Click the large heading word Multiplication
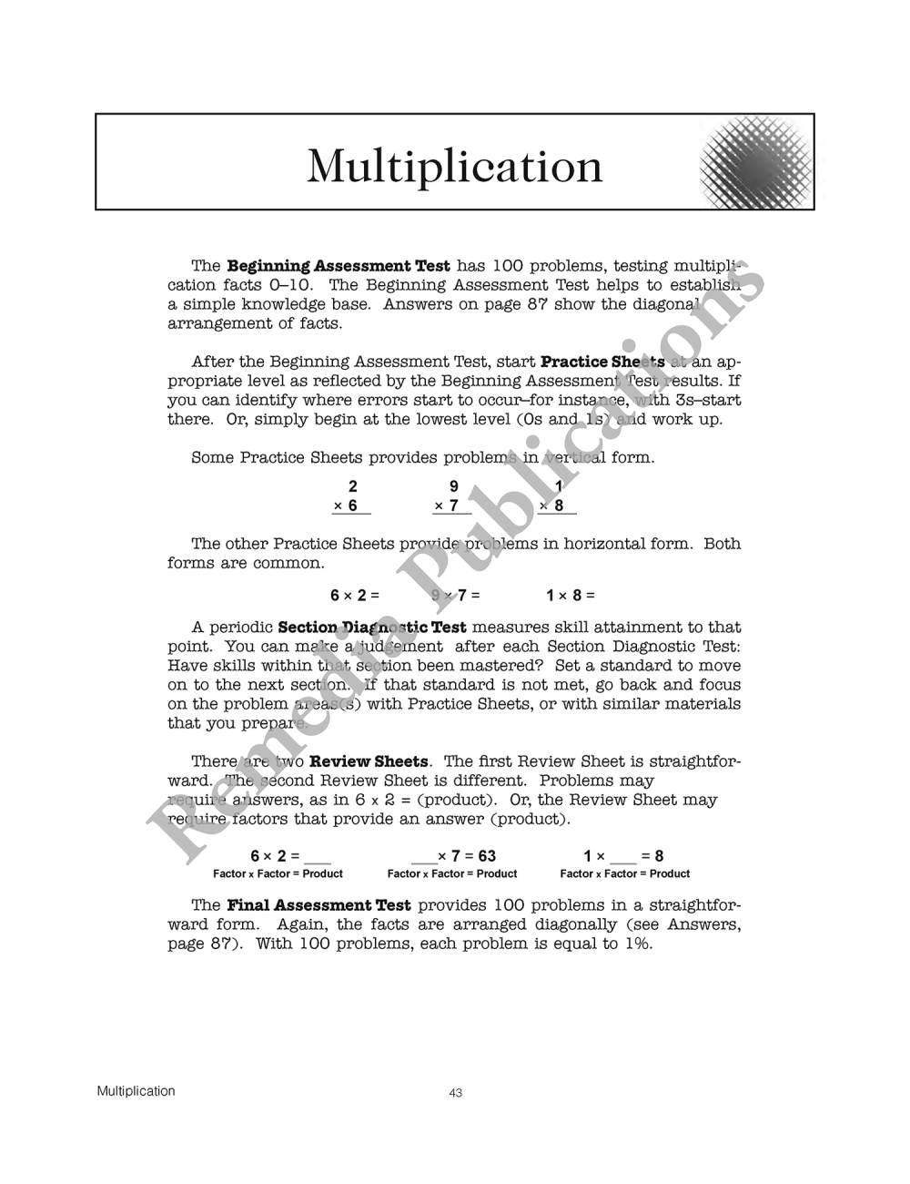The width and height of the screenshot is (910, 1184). coord(454,166)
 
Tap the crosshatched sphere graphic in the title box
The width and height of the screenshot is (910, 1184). coord(753,163)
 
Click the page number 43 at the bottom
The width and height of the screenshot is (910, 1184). coord(456,1093)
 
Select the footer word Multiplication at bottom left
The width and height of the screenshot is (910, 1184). coord(136,1091)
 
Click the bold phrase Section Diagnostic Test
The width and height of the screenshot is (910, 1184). coord(371,628)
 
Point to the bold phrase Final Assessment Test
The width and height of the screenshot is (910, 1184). coord(318,905)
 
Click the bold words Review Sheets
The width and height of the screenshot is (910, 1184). coord(369,761)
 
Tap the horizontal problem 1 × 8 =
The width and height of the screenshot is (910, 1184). coord(570,596)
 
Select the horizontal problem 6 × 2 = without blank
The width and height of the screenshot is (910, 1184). coord(354,596)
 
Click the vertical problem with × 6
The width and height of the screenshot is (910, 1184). coord(350,497)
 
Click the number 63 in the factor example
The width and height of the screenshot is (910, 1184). coord(487,856)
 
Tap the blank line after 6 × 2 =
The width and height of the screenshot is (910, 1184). coord(318,860)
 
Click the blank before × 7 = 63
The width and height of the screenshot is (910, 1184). coord(423,860)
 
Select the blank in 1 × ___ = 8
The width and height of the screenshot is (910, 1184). coord(623,860)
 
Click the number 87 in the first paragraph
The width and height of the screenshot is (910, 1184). coord(537,304)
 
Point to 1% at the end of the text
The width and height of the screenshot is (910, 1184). coord(639,944)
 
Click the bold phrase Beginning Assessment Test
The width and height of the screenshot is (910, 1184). coord(338,266)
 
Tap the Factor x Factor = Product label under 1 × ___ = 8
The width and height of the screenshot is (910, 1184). coord(624,874)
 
